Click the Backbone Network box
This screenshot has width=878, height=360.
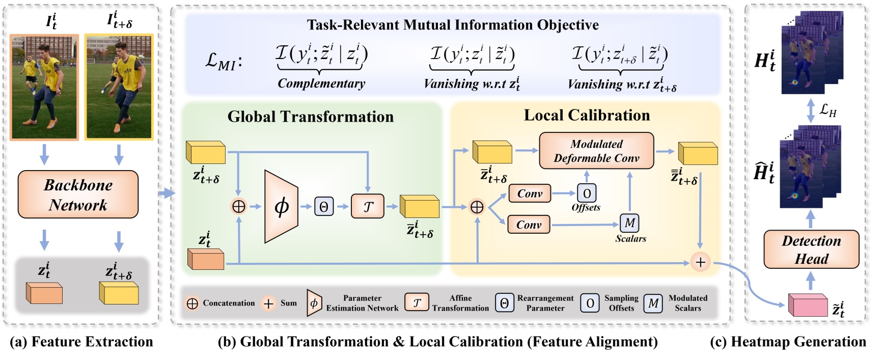[78, 195]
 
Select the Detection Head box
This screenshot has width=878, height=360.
[811, 250]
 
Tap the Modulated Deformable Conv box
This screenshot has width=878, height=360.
[596, 151]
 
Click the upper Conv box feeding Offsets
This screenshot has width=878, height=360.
[530, 193]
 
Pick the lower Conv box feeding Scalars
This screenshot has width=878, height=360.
[529, 225]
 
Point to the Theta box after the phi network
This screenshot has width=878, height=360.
[323, 206]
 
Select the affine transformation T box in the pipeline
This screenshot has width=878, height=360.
[367, 206]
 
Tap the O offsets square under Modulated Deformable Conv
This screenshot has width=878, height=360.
[587, 193]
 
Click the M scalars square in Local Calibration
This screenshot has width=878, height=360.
[629, 223]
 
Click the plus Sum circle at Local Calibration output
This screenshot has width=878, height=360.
[700, 262]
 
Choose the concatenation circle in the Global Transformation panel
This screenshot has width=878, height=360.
[238, 206]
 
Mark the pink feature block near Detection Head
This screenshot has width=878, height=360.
[807, 304]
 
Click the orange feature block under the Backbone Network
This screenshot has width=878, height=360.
[44, 293]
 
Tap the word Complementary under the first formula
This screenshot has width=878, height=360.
[321, 84]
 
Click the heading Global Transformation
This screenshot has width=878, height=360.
[310, 117]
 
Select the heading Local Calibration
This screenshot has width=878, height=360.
[587, 115]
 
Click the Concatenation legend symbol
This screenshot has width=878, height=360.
[193, 303]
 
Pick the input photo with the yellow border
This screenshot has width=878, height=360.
[119, 87]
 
